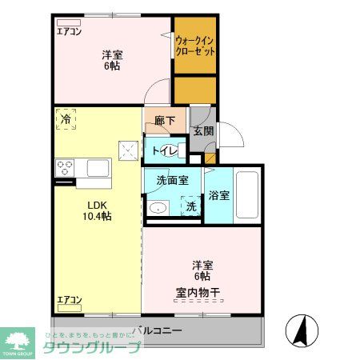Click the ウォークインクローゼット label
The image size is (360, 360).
coord(195,44)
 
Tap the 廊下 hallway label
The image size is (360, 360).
coord(164,121)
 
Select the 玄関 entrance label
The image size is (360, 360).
coord(202,131)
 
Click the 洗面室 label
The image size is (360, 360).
coord(172,181)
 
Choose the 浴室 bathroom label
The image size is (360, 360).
coord(219,194)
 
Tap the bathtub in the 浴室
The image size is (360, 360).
coord(246,194)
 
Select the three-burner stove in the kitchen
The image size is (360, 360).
coord(65,168)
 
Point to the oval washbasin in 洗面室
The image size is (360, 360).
coord(158,210)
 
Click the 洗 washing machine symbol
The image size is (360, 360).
coord(191,206)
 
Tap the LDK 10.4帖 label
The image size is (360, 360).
coord(98,210)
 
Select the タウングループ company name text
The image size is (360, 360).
coord(91,346)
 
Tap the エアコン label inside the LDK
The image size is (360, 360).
coord(69,300)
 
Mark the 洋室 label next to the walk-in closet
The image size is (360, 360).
coord(112,60)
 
